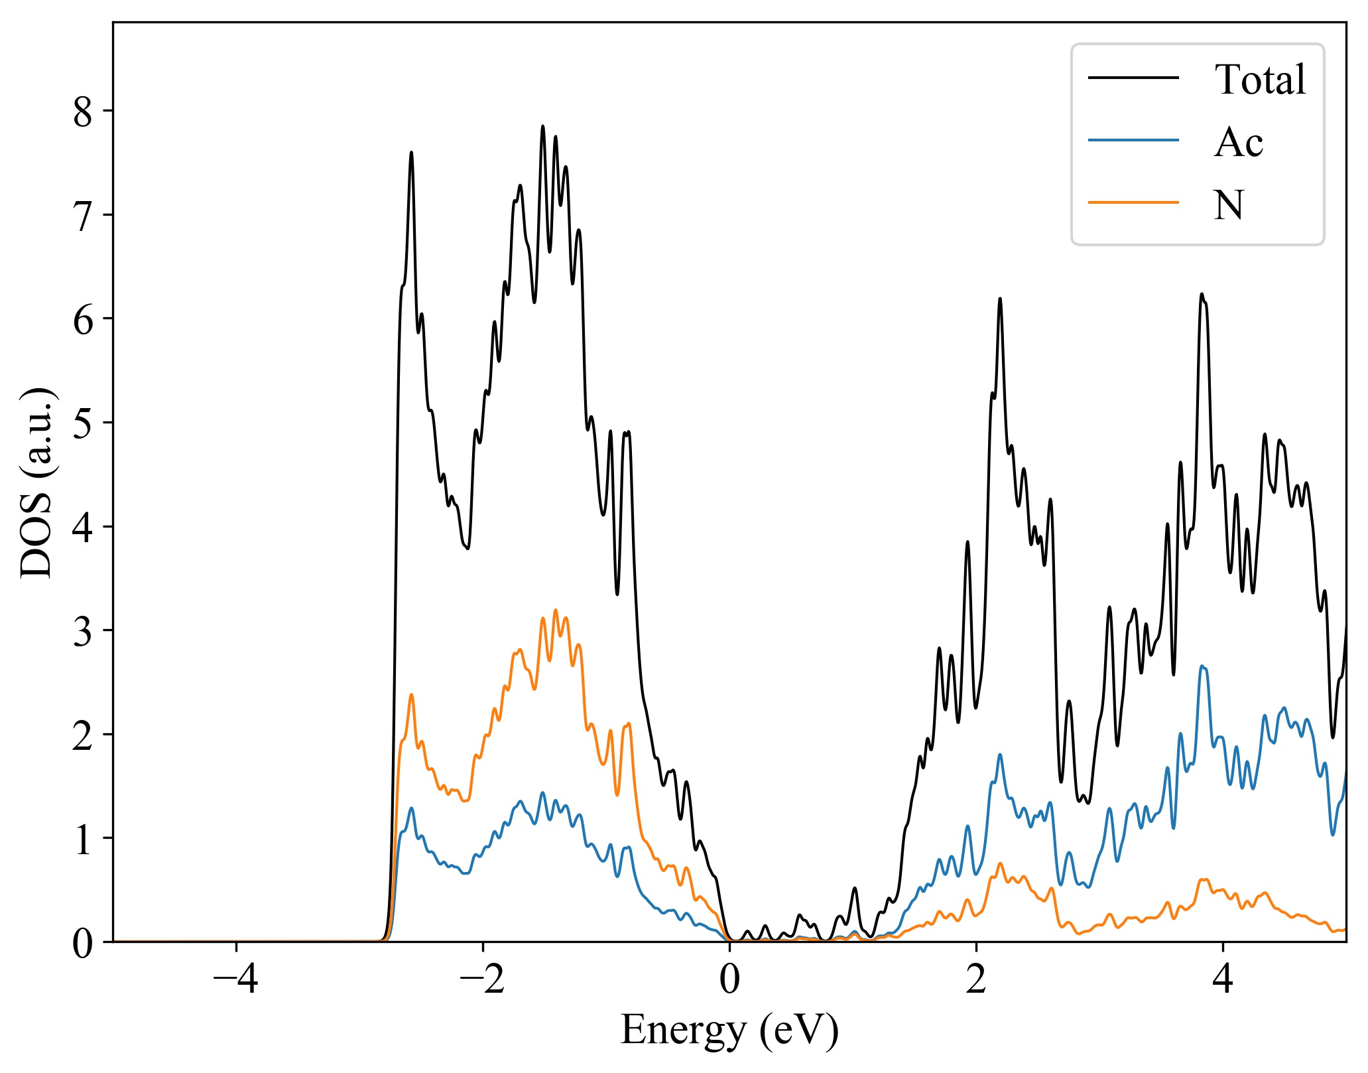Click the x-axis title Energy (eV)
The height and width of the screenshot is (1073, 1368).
pos(729,1030)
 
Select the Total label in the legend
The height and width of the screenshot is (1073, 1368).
pos(1260,80)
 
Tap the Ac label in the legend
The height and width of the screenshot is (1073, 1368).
pos(1238,142)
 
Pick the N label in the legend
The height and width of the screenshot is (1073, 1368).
pos(1229,204)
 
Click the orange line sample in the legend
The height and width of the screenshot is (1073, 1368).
pos(1133,202)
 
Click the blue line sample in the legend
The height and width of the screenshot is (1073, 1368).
pos(1133,139)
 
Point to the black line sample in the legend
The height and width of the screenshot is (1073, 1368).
pos(1133,78)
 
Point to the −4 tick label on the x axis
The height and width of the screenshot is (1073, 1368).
pos(236,979)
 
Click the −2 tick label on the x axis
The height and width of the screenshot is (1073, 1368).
pos(483,979)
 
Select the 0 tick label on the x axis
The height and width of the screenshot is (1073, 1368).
pos(729,979)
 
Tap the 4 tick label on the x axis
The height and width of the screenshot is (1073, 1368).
pos(1223,979)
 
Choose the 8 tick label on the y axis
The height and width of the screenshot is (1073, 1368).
pos(83,111)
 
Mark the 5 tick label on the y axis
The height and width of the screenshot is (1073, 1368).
pos(83,423)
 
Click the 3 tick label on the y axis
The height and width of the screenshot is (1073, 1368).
pos(83,631)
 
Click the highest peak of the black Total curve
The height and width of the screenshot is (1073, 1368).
pos(542,126)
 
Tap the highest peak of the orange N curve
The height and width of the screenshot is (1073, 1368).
pos(556,610)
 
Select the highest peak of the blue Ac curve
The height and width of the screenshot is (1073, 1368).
pos(1202,666)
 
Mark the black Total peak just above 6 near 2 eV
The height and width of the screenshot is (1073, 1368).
pos(1000,299)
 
